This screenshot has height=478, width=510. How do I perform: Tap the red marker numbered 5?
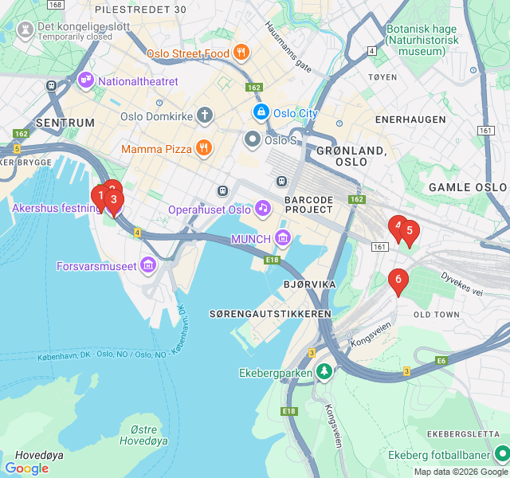tap(410, 232)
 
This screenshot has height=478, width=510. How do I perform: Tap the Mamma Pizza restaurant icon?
tap(204, 148)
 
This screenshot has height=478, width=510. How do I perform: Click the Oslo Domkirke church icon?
tap(205, 116)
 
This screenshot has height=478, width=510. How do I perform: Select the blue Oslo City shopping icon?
tap(261, 113)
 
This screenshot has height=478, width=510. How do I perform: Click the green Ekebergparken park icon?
tap(324, 371)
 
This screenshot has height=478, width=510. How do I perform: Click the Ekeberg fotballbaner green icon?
tap(501, 454)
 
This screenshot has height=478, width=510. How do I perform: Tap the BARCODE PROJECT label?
tap(308, 204)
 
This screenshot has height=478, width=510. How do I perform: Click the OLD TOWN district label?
tap(437, 315)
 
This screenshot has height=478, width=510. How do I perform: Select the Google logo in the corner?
tap(26, 468)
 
